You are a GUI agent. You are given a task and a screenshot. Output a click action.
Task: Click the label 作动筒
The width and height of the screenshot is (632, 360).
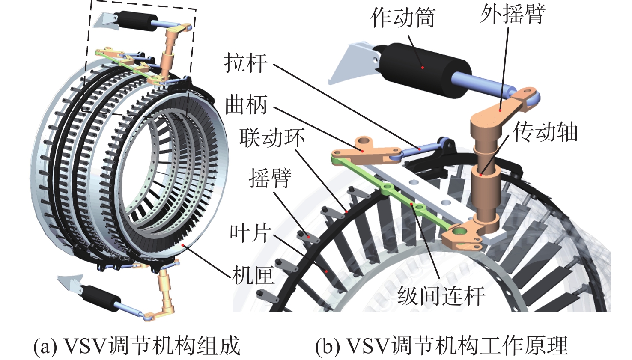click(x=402, y=18)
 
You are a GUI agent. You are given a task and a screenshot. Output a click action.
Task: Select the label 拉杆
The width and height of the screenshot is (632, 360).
click(x=246, y=63)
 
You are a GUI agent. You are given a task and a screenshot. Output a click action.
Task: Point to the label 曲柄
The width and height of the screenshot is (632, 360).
click(x=246, y=105)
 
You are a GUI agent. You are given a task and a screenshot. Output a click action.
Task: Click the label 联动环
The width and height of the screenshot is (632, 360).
click(x=272, y=138)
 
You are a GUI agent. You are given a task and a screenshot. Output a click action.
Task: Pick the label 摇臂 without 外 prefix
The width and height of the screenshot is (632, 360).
click(x=270, y=178)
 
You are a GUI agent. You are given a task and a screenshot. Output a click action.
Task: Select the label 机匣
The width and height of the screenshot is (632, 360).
click(x=253, y=275)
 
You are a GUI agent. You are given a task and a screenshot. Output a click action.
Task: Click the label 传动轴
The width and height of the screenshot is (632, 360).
click(x=546, y=132)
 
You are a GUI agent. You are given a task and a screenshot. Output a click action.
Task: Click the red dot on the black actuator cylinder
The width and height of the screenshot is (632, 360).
click(x=422, y=67)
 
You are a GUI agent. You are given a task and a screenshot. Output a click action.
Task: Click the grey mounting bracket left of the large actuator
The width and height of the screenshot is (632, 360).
click(x=349, y=64)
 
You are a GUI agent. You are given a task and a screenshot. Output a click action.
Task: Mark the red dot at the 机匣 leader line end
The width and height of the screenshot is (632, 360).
click(x=183, y=245)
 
